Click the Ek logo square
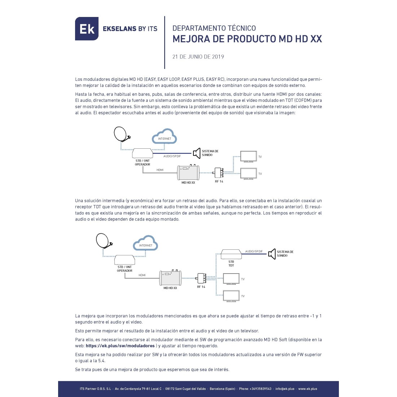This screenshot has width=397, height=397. (x=87, y=29)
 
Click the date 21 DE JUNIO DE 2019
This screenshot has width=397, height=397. (x=198, y=57)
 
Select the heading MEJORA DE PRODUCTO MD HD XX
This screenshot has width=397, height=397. (x=247, y=39)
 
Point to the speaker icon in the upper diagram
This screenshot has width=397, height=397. (x=197, y=153)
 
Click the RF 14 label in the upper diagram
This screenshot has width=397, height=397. (x=219, y=182)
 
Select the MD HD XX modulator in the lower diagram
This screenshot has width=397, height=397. (x=170, y=278)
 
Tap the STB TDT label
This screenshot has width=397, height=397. (x=231, y=263)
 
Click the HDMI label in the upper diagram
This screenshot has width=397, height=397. (x=160, y=170)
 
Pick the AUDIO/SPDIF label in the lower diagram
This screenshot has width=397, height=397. (x=254, y=251)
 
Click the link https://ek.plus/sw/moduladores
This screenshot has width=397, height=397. (x=120, y=346)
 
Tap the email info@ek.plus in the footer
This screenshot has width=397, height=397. (x=285, y=389)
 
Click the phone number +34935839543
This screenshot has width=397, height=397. (x=260, y=389)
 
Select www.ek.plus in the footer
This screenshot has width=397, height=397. (x=307, y=389)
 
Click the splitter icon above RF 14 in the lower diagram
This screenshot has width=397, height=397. (x=201, y=279)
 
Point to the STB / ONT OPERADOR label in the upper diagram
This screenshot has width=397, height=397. (x=143, y=162)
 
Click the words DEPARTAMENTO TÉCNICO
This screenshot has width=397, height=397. (x=214, y=28)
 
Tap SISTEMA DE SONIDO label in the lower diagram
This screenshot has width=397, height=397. (x=285, y=254)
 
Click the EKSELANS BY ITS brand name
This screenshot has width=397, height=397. (x=130, y=29)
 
